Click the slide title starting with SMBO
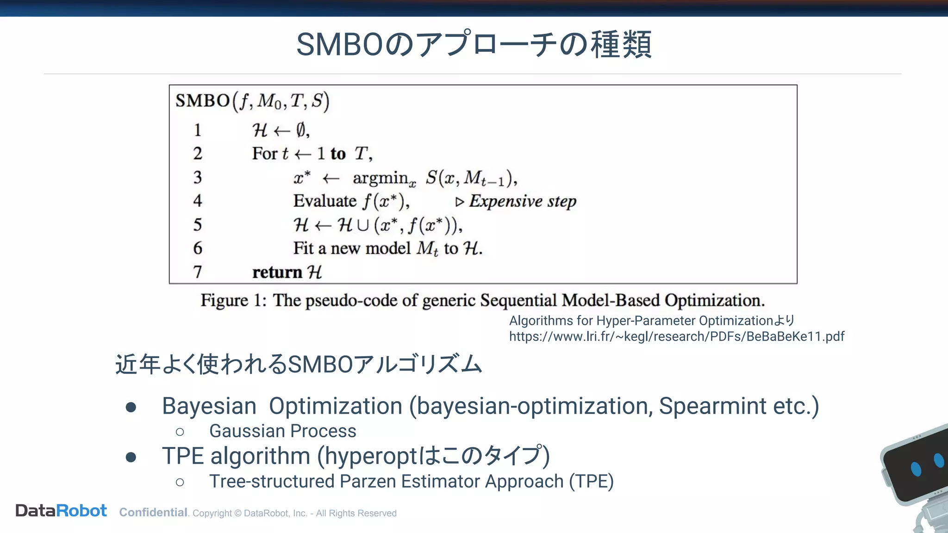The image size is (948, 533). [x=474, y=44]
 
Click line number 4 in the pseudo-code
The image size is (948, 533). [x=198, y=201]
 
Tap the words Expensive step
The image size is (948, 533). [x=522, y=201]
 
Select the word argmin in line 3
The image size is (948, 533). [x=380, y=178]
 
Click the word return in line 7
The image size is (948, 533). [x=277, y=272]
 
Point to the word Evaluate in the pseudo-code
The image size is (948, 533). [x=324, y=201]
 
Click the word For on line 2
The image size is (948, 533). [x=265, y=154]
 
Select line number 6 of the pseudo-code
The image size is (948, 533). [x=198, y=248]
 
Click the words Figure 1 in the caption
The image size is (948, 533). [x=233, y=300]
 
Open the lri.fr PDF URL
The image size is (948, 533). [x=676, y=336]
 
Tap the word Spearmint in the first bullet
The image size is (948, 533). [x=712, y=406]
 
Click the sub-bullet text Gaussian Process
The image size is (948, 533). [x=282, y=431]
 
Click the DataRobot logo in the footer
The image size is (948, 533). [x=61, y=511]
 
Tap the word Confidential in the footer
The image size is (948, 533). [x=153, y=513]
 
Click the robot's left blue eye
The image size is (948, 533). [x=916, y=469]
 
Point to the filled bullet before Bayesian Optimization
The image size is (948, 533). [x=131, y=407]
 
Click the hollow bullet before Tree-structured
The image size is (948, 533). [x=180, y=483]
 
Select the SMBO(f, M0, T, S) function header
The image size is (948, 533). [x=252, y=101]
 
